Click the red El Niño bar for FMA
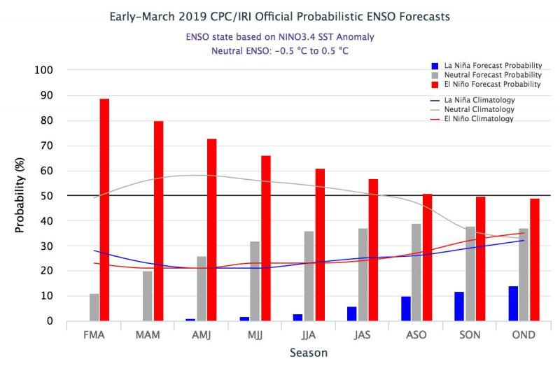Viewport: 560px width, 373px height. pyautogui.click(x=104, y=210)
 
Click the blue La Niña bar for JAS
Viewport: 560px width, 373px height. pyautogui.click(x=351, y=314)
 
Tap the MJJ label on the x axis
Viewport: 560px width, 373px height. pyautogui.click(x=255, y=335)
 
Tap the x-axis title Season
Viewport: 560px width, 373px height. pyautogui.click(x=309, y=353)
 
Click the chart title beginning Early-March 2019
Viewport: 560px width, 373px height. pyautogui.click(x=280, y=15)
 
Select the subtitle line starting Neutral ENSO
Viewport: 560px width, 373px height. pyautogui.click(x=280, y=51)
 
